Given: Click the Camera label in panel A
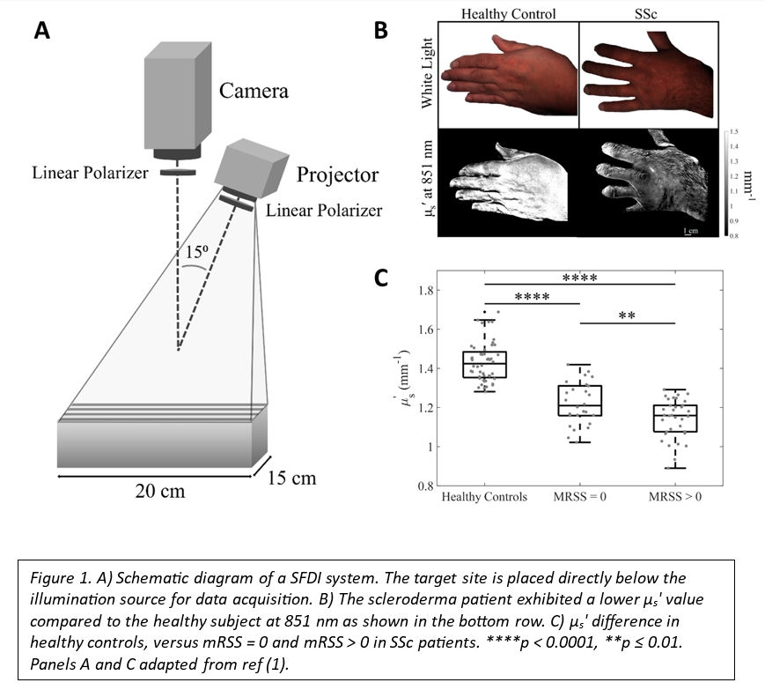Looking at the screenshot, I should click(254, 91).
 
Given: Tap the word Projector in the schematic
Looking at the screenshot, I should click(337, 174).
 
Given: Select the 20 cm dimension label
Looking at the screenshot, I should click(160, 491).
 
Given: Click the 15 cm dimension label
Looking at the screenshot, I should click(291, 479).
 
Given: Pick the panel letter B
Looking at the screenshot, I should click(381, 31).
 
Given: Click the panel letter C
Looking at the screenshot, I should click(381, 278).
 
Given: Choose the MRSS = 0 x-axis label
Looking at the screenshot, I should click(579, 497).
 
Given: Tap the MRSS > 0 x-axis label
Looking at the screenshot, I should click(674, 497).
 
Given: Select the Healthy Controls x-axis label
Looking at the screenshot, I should click(484, 497).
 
